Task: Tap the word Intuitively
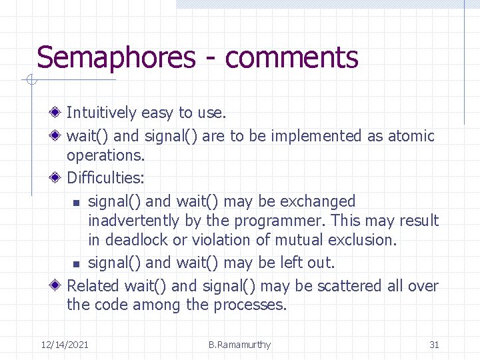(101, 113)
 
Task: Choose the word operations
(105, 155)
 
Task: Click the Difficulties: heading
(105, 178)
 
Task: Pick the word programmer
(291, 221)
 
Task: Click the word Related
(93, 286)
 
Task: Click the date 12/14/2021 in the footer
(65, 345)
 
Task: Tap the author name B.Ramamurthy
(239, 345)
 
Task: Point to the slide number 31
(434, 345)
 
